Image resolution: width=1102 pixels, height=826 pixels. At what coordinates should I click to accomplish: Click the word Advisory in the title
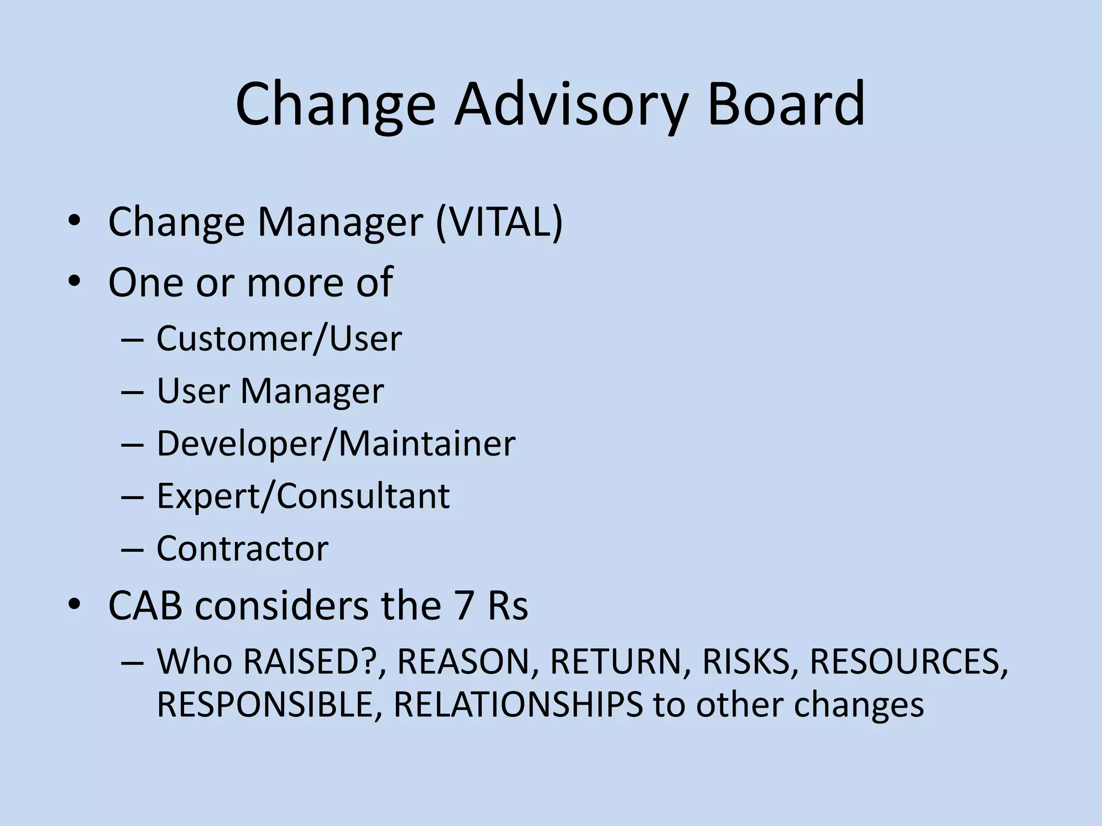coord(570,105)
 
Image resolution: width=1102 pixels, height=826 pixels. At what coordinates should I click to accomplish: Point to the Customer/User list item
coord(279,339)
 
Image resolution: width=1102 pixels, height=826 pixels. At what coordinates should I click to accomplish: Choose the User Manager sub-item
coord(270,391)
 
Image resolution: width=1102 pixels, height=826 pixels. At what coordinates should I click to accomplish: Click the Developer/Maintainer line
coord(335,444)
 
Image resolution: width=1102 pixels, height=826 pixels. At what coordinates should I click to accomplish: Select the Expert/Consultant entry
coord(303,496)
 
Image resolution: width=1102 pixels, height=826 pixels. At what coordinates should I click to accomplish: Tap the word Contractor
coord(242,549)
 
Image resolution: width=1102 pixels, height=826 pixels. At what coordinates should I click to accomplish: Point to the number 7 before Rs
coord(457,606)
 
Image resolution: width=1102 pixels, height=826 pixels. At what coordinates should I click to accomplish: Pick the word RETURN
coord(616,661)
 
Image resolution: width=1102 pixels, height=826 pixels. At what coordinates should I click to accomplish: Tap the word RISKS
coord(746,661)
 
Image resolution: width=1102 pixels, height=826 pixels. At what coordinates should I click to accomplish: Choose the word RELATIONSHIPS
coord(518,704)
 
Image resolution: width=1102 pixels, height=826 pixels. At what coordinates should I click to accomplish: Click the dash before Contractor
coord(132,550)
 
